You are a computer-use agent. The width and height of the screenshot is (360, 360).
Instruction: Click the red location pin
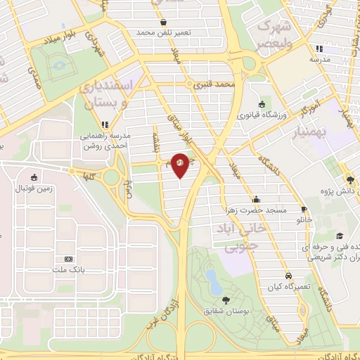180,165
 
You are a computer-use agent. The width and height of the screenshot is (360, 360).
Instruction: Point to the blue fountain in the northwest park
56,64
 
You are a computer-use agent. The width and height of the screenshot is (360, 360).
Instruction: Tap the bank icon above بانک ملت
68,259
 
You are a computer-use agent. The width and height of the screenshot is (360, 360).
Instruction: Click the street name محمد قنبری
214,84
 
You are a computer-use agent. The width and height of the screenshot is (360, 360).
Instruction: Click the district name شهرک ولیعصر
277,34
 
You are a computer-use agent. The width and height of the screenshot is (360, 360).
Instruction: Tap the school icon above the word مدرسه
320,49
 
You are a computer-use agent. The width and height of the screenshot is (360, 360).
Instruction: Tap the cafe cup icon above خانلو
304,209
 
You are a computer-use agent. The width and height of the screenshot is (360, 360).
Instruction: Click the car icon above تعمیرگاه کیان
288,275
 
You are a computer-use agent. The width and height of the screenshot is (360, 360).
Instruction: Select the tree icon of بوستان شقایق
225,301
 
